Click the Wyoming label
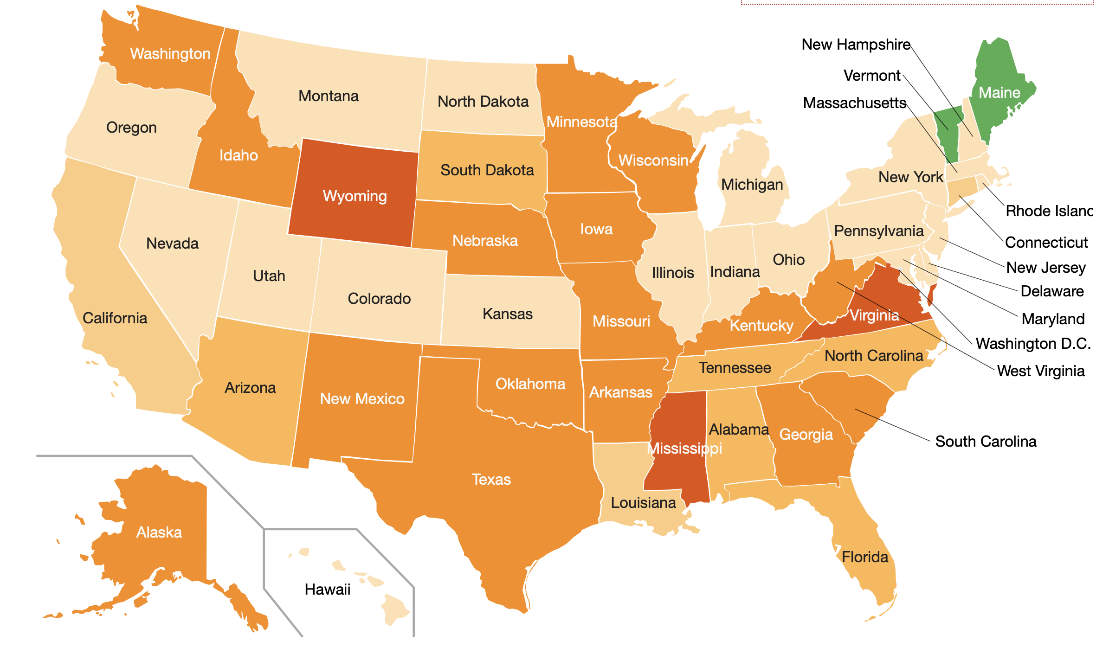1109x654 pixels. [x=355, y=196]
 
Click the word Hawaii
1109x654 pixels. [x=327, y=590]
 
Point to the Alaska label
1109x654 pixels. [x=159, y=532]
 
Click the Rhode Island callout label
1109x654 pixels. [x=1049, y=211]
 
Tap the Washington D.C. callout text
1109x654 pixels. [x=1033, y=343]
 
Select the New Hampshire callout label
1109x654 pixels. [x=856, y=45]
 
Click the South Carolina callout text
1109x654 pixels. [x=986, y=441]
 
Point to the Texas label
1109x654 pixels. [x=491, y=479]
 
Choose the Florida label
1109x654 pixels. [x=865, y=557]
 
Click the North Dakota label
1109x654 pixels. [x=483, y=101]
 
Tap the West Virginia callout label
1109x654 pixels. [x=1041, y=371]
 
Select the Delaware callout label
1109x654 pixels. [x=1052, y=291]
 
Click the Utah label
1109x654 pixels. [x=269, y=276]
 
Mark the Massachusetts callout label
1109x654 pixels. [x=854, y=103]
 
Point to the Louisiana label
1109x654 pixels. [x=643, y=502]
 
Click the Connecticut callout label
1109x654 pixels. [x=1046, y=242]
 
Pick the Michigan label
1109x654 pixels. [x=752, y=184]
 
